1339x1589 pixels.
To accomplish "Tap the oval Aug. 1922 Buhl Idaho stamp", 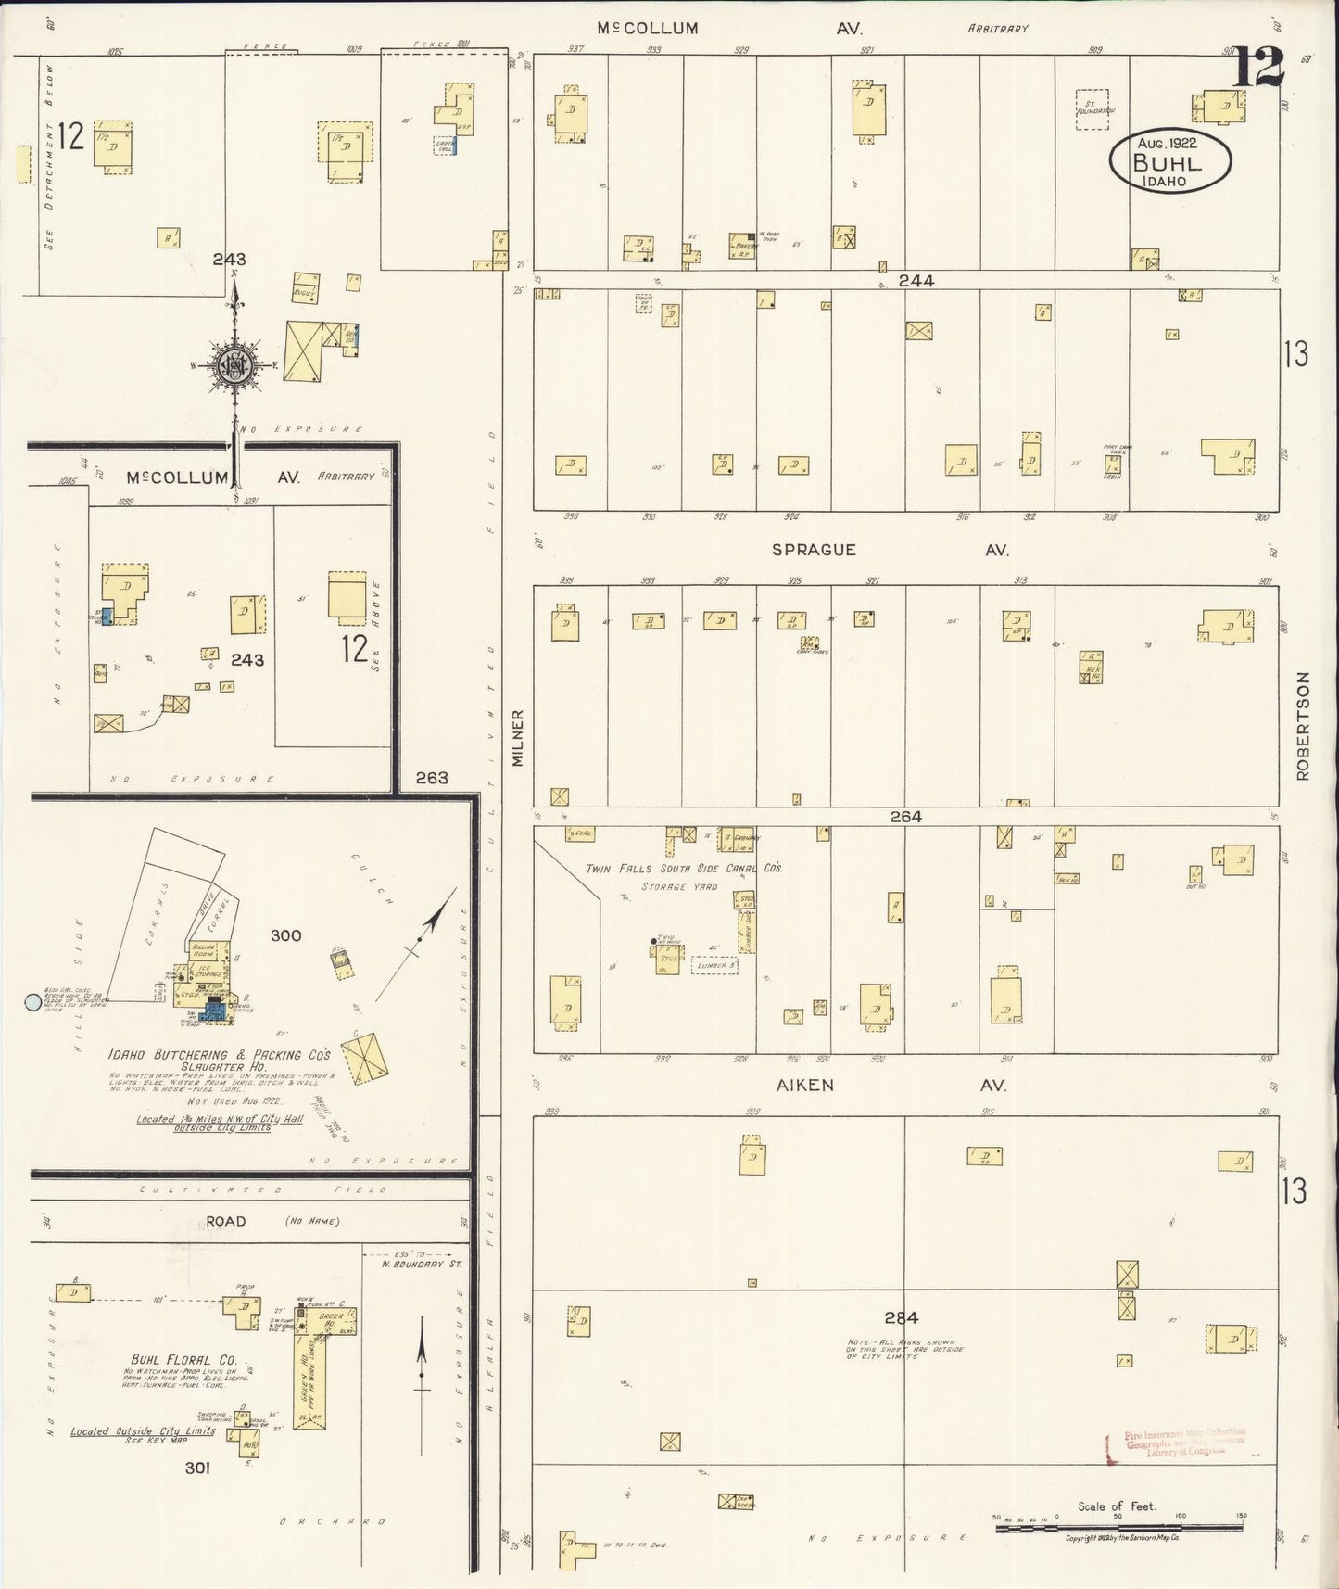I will pos(1169,159).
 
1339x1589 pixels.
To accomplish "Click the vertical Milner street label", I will pos(518,737).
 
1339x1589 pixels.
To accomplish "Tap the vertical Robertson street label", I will pos(1303,726).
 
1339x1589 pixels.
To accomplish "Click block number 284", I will pos(900,1316).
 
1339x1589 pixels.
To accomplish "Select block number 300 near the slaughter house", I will pos(285,935).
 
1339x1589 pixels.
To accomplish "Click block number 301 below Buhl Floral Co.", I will pos(197,1468).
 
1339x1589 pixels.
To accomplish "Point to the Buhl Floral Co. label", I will pos(183,1359).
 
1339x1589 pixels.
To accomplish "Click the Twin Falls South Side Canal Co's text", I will pos(684,869).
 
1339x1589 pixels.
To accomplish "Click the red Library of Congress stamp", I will pos(1177,1443).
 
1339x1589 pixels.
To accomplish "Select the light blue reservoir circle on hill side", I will pos(32,1001).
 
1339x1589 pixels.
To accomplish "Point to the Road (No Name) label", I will pos(272,1221).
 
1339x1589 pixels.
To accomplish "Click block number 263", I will pos(432,777).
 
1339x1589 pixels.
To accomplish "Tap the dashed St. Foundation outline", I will pos(1093,109).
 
